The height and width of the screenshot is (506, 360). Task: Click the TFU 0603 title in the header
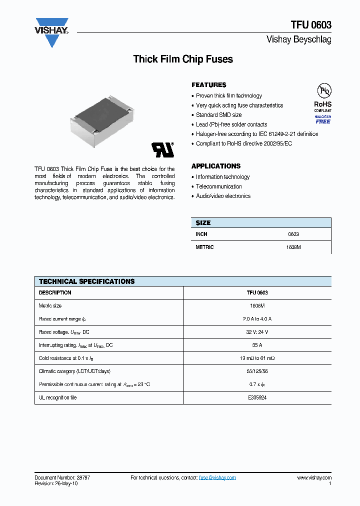pyautogui.click(x=311, y=24)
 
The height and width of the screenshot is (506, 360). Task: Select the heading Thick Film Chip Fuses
pyautogui.click(x=183, y=59)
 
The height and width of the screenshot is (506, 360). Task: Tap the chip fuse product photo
pyautogui.click(x=101, y=121)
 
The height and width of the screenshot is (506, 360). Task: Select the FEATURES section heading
pyautogui.click(x=209, y=85)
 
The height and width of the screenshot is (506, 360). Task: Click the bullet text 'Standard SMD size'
pyautogui.click(x=218, y=115)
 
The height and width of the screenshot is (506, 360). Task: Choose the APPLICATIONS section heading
pyautogui.click(x=216, y=166)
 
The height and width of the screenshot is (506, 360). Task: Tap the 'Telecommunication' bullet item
pyautogui.click(x=218, y=186)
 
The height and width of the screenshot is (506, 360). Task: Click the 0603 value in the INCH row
pyautogui.click(x=293, y=234)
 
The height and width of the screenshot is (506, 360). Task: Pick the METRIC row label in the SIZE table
pyautogui.click(x=204, y=247)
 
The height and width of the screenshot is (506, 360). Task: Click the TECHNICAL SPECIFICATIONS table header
pyautogui.click(x=87, y=281)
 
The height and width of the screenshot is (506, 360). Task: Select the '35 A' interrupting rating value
pyautogui.click(x=257, y=345)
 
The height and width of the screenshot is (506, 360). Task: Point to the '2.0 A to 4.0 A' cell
pyautogui.click(x=257, y=318)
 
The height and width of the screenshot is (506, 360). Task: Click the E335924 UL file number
pyautogui.click(x=257, y=397)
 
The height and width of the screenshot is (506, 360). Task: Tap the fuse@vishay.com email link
pyautogui.click(x=217, y=478)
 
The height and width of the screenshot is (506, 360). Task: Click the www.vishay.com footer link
pyautogui.click(x=314, y=478)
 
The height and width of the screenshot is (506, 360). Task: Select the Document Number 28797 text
pyautogui.click(x=62, y=478)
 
